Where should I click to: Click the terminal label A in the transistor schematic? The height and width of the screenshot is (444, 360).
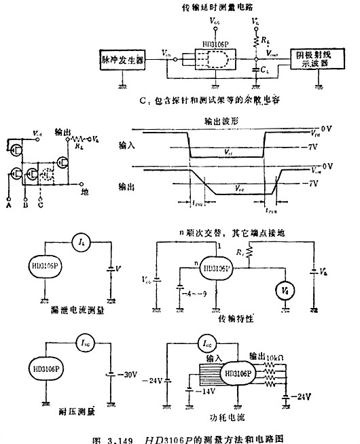click(8, 203)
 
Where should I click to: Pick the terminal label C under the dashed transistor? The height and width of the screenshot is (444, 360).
click(42, 203)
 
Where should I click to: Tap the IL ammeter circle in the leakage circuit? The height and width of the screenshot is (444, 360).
click(82, 241)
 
